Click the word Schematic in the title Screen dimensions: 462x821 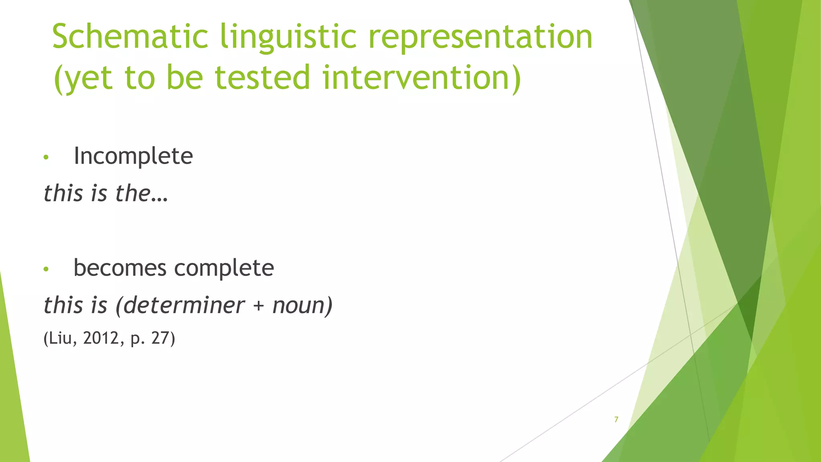tap(130, 37)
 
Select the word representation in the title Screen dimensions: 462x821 tap(480, 37)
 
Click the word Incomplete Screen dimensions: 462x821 tap(133, 156)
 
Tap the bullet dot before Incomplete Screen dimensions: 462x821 tap(46, 157)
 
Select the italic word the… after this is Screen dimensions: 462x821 tap(142, 193)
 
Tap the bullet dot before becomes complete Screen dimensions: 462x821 tap(46, 269)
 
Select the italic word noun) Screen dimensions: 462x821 tap(303, 306)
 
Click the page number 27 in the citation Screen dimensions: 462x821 tap(160, 338)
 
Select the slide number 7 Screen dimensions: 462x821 tap(616, 419)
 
